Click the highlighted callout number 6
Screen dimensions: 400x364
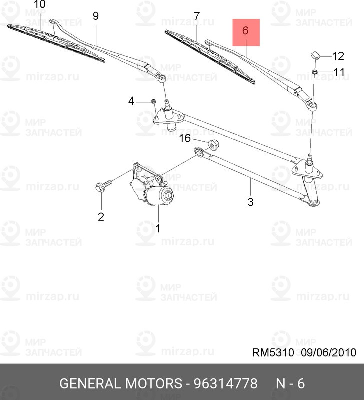[x=245, y=31]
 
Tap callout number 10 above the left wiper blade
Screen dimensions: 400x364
[x=39, y=5]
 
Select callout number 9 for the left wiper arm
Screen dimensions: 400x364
[x=95, y=16]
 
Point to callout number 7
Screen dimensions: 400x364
[x=196, y=16]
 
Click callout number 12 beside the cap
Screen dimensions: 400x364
[x=338, y=55]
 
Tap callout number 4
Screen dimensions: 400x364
[x=131, y=101]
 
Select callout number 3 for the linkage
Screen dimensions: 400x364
[x=250, y=202]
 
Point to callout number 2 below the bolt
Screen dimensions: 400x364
[x=101, y=217]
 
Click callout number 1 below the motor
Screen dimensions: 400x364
[x=158, y=229]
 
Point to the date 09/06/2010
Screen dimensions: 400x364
[x=329, y=353]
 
